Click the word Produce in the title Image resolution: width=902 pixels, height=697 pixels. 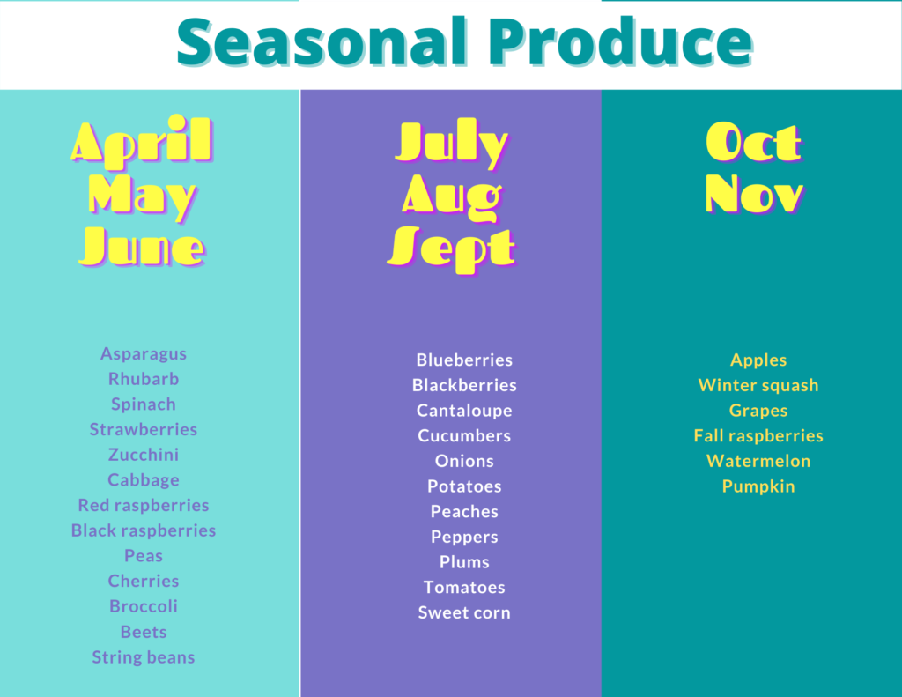pos(621,42)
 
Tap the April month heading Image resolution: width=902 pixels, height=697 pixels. pos(142,142)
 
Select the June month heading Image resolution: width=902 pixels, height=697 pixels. pos(142,248)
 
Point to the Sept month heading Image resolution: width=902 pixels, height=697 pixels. pos(452,249)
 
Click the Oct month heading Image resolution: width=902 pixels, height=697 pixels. pos(754,142)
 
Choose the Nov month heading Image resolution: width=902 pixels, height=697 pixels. pos(754,194)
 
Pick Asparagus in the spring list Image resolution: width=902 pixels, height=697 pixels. pos(144,354)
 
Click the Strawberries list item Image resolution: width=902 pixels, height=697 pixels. pos(144,429)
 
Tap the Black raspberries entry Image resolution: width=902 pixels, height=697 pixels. pos(144,530)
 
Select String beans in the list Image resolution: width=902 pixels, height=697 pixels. pos(144,657)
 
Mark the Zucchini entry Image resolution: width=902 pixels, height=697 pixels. pos(144,455)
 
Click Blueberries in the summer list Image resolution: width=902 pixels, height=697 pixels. pos(464,360)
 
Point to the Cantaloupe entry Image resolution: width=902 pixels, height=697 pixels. pos(464,411)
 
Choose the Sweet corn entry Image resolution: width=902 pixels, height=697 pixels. pos(464,612)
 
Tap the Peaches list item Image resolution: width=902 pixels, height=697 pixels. pos(464,512)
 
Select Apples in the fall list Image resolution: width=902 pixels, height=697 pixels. pos(758,360)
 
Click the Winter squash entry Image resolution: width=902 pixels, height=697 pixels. pos(758,386)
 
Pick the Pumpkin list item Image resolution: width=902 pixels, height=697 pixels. pos(758,487)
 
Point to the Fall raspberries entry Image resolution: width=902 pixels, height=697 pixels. pos(758,436)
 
